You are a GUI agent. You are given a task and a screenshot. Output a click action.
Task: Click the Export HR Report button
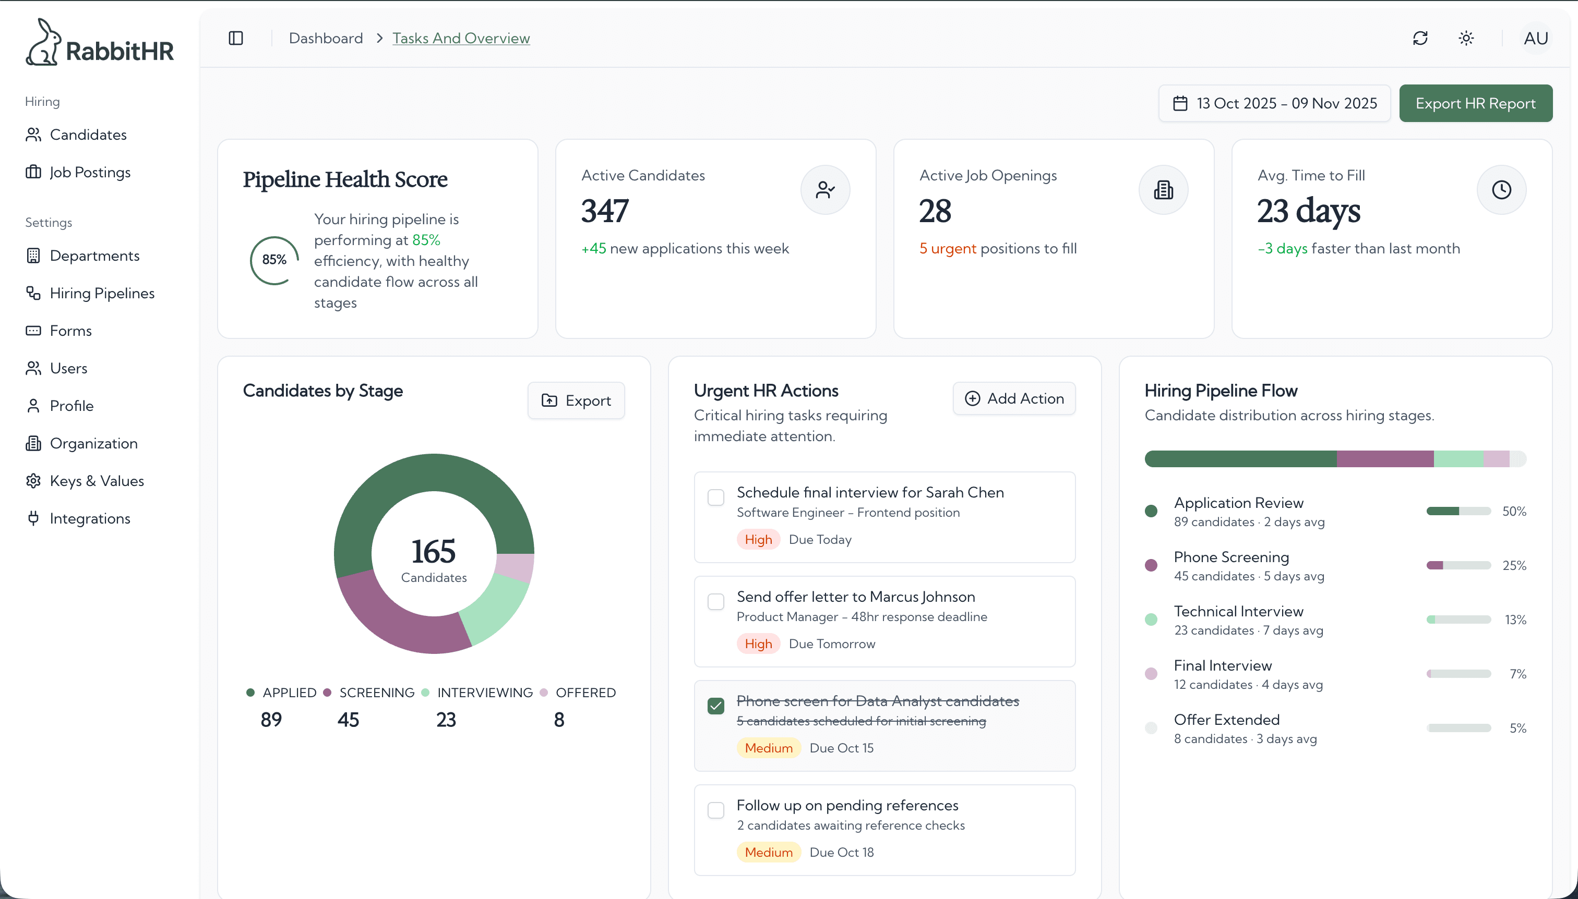click(x=1475, y=103)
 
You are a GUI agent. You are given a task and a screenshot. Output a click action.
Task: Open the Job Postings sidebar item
click(x=90, y=172)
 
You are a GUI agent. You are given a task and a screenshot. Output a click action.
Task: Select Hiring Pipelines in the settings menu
click(x=102, y=293)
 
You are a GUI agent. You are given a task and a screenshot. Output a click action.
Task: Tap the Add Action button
click(x=1014, y=399)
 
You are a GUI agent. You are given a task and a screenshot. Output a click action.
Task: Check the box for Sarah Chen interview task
click(x=715, y=497)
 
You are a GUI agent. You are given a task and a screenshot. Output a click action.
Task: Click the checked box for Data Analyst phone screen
click(x=715, y=706)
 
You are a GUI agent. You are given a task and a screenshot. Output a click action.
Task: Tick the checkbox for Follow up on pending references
click(x=715, y=810)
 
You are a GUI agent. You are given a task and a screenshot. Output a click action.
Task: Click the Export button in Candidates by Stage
click(x=576, y=400)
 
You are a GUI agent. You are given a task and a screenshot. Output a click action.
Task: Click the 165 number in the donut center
click(x=434, y=551)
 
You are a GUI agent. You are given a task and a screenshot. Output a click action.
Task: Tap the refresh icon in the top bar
click(x=1420, y=38)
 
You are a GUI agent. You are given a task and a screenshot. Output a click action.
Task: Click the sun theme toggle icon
click(x=1466, y=38)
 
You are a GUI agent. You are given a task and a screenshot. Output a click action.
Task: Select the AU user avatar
click(x=1535, y=38)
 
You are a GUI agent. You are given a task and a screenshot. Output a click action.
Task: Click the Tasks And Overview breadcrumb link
click(x=461, y=38)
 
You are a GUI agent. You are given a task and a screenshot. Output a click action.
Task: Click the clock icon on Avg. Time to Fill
click(x=1501, y=190)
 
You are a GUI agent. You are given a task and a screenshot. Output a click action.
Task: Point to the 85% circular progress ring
click(x=274, y=260)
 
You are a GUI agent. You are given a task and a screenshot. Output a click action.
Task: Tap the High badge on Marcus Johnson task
click(x=758, y=644)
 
